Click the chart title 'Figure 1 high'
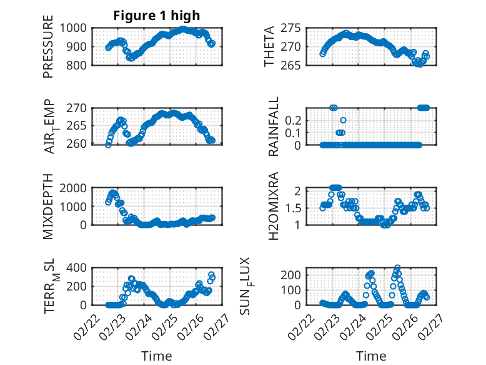tap(156, 16)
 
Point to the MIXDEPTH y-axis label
tap(48, 207)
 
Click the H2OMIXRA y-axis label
tap(274, 207)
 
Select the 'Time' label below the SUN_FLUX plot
tap(371, 356)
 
